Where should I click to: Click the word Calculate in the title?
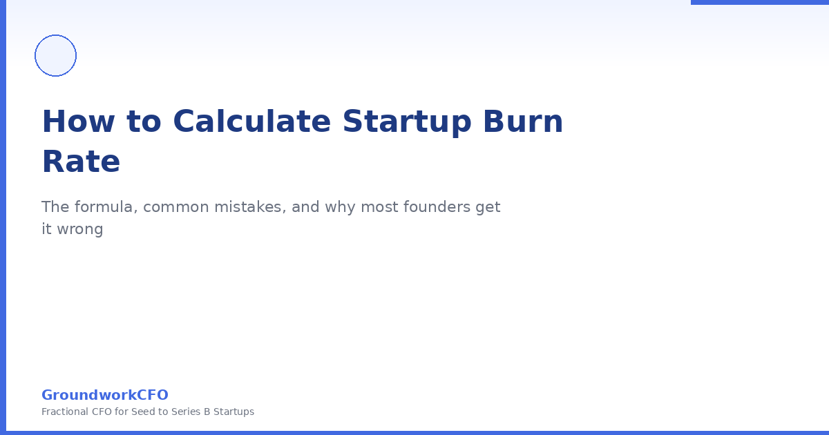(x=251, y=122)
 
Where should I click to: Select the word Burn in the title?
(x=523, y=122)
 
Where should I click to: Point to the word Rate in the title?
(x=81, y=162)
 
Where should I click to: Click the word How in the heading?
(x=79, y=122)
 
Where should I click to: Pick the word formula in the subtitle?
(x=106, y=206)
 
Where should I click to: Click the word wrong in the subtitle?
(x=80, y=230)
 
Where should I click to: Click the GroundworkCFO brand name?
(x=105, y=395)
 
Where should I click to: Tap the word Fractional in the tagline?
(x=65, y=412)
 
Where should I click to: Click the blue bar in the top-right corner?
(x=760, y=2)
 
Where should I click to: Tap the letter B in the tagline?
(x=207, y=412)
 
